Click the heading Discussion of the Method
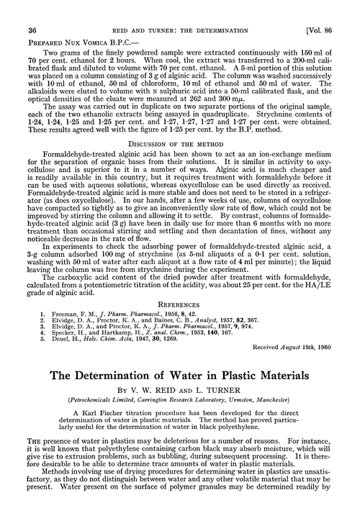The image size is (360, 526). coord(179,139)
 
